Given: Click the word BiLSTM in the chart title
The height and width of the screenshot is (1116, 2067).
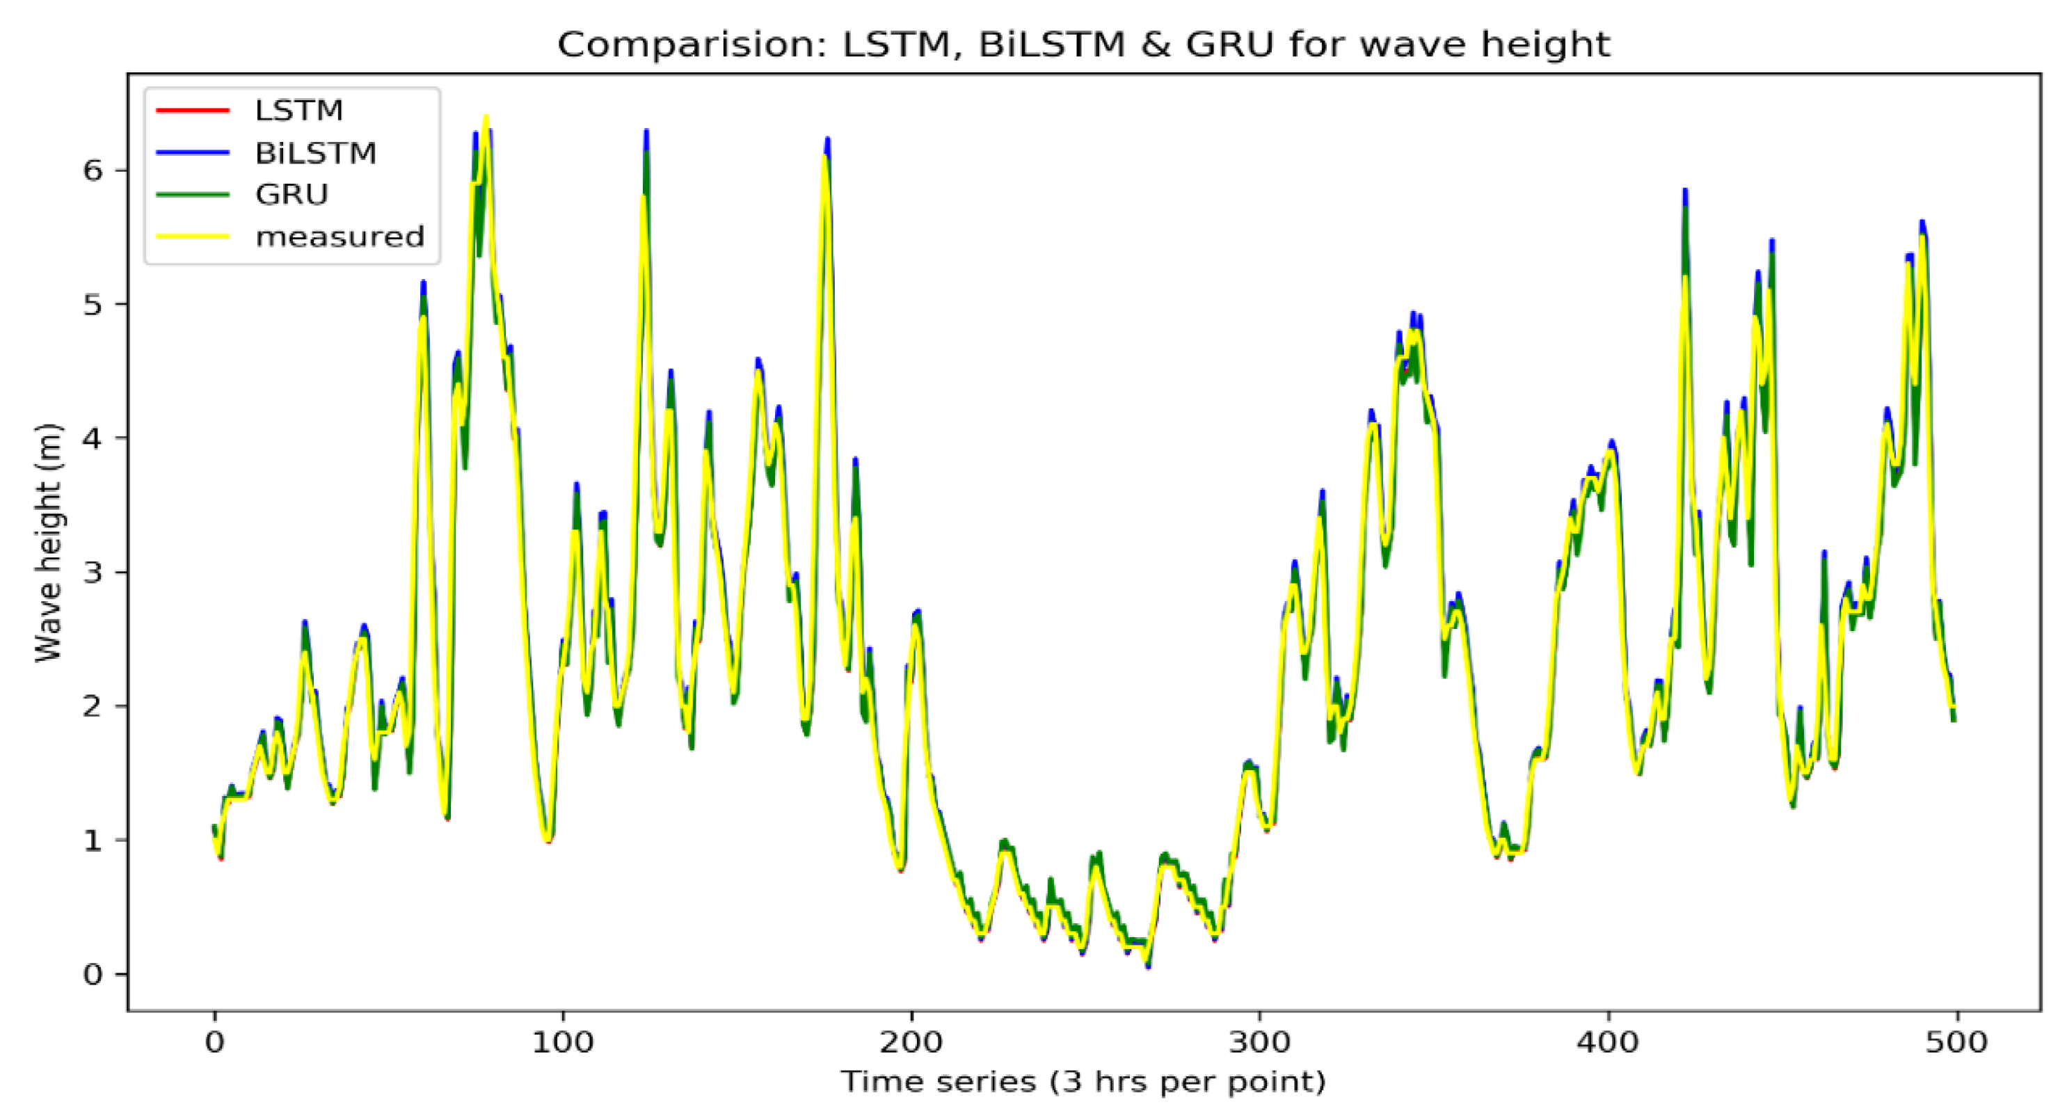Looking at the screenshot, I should pos(1052,44).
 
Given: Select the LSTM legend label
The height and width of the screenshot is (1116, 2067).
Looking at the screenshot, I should pos(298,110).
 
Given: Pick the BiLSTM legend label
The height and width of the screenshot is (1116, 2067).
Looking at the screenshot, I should pos(315,152).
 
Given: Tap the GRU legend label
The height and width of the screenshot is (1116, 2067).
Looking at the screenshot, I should pos(292,194).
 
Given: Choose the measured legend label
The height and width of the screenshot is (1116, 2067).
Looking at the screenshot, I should pos(340,237).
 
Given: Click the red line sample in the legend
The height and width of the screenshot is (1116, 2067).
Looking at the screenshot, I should pos(193,110).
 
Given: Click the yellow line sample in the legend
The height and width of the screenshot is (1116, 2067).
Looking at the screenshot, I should pos(193,237).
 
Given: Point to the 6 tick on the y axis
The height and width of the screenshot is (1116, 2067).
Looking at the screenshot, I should pos(93,170).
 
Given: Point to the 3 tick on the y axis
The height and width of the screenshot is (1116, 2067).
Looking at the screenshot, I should pos(93,572).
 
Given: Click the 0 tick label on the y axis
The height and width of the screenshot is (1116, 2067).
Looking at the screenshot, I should pos(93,974).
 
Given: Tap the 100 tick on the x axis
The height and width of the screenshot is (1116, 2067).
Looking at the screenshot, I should pos(562,1042).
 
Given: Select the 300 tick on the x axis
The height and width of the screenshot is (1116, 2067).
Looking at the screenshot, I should pos(1260,1042).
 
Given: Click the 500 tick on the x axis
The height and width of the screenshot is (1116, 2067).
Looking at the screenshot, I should pos(1956,1042).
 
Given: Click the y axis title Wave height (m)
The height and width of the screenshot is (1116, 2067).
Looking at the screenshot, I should pos(48,543).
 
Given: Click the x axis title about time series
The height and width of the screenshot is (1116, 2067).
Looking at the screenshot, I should pos(1083,1081).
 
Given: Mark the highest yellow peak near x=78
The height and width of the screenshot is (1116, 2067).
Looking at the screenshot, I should pos(486,119).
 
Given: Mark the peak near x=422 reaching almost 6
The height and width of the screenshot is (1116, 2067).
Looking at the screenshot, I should pos(1685,193).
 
